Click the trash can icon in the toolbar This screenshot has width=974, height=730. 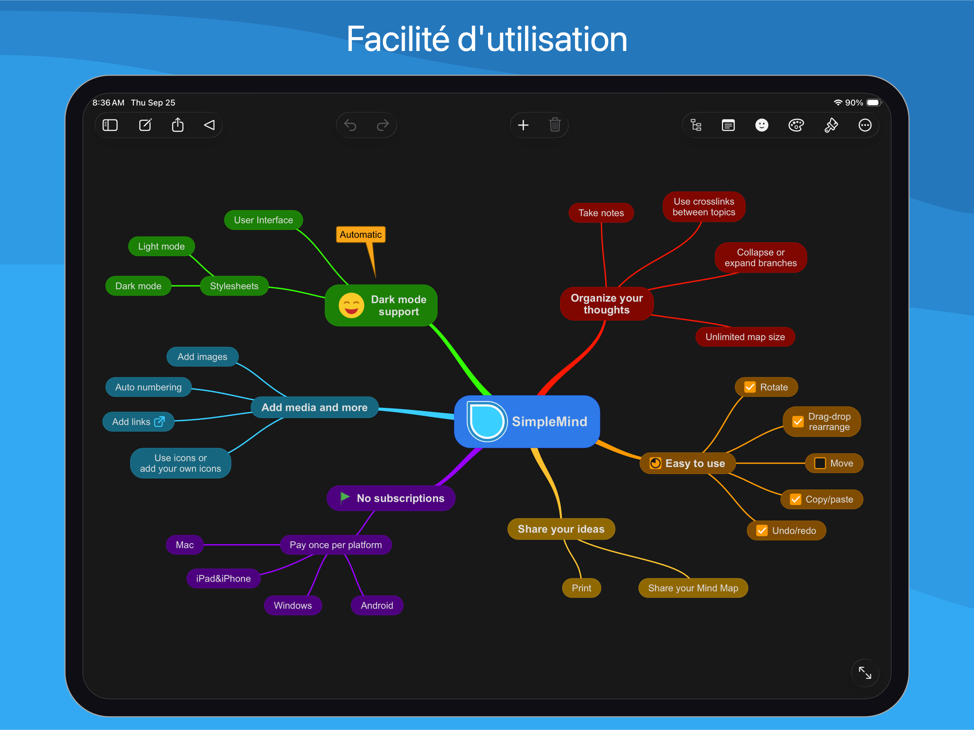(554, 125)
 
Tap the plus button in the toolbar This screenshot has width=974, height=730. (523, 125)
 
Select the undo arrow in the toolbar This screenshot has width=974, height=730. (350, 125)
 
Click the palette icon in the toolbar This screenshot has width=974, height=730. (796, 125)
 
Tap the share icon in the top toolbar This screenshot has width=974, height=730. (178, 125)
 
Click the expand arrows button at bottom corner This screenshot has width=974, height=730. (865, 672)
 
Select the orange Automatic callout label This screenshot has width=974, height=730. (361, 235)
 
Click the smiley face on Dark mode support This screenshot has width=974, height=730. (351, 305)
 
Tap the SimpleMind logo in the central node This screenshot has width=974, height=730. (486, 421)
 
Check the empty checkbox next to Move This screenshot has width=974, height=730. (820, 463)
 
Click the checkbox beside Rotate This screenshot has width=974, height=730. (750, 387)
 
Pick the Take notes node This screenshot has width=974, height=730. (601, 213)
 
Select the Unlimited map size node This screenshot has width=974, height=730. (745, 337)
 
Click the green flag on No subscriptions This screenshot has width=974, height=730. (345, 498)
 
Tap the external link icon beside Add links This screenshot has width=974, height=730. (159, 421)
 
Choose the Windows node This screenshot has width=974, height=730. (293, 605)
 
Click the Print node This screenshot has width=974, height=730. (581, 588)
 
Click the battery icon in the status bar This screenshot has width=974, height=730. (873, 103)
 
